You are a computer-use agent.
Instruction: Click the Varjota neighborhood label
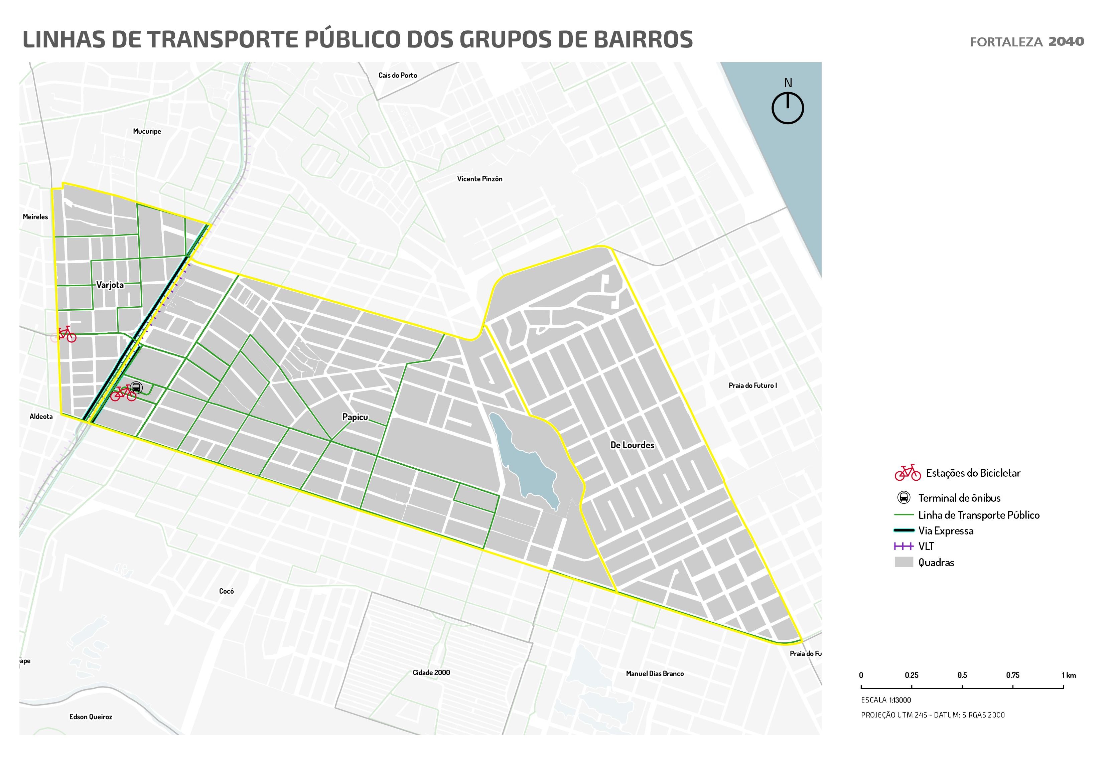pos(110,285)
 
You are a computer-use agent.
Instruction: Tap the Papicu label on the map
pos(355,417)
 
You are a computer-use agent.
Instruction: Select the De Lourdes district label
pos(632,445)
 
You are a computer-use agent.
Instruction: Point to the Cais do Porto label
pos(398,75)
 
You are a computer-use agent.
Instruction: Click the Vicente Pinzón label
pos(479,178)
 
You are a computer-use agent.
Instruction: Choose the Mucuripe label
pos(147,131)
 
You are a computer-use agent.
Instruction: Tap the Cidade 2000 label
pos(431,672)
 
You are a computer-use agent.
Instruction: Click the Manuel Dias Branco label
pos(655,673)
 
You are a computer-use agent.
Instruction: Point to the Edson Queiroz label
pos(91,717)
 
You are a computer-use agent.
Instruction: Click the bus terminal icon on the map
pos(136,387)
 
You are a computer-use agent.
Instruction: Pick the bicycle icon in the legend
pos(907,473)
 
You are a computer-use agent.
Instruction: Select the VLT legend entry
pos(926,546)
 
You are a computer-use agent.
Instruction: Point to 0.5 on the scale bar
pos(962,675)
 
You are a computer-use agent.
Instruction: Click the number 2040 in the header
pos(1066,41)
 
